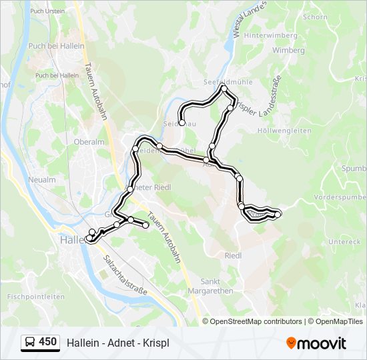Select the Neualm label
[41, 180]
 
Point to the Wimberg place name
[288, 51]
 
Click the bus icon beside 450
[29, 342]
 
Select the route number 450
[47, 342]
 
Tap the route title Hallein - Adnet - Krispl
[118, 343]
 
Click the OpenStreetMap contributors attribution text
[256, 321]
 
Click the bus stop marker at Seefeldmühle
[224, 89]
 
